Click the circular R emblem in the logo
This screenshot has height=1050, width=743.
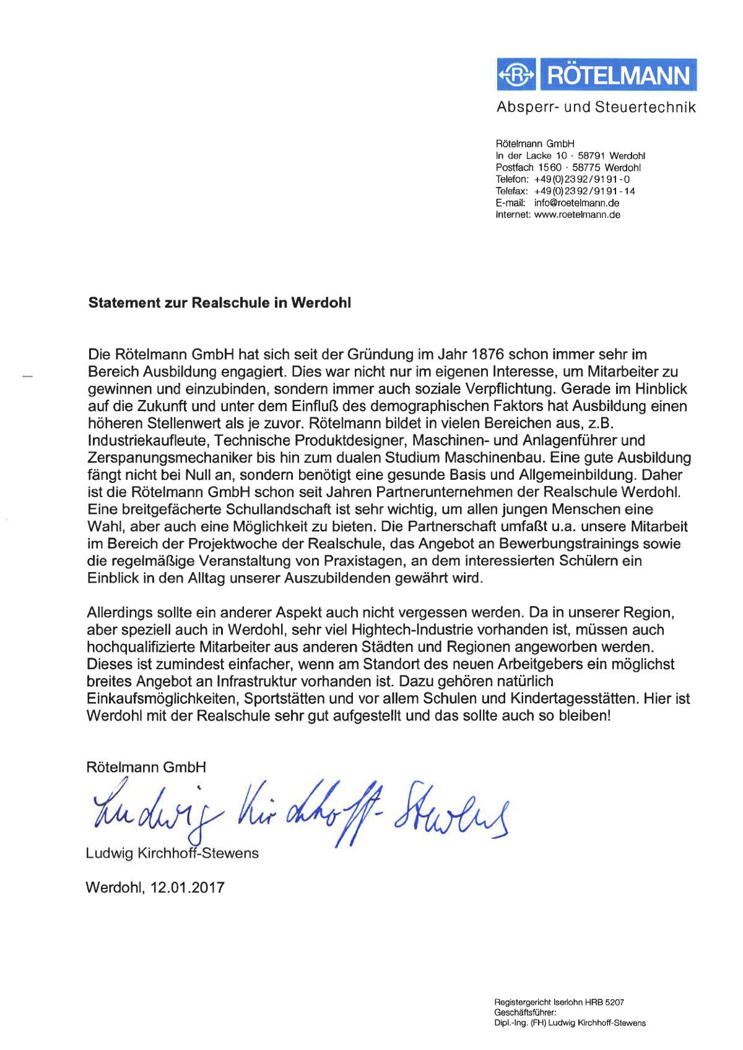coord(516,76)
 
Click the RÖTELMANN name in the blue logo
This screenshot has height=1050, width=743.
coord(618,76)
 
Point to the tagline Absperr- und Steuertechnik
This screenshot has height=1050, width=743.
coord(596,107)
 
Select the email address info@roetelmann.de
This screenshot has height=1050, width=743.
coord(576,203)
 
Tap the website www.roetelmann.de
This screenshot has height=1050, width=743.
coord(577,215)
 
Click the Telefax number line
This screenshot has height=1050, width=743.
coord(565,191)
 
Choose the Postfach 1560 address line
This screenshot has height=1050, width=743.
coord(568,168)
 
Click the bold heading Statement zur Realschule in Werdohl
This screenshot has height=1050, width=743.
coord(219,303)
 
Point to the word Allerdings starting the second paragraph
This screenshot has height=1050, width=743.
coord(119,613)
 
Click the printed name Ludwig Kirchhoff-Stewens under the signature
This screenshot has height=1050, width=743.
coord(172,853)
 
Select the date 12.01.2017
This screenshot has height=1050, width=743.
coord(187,887)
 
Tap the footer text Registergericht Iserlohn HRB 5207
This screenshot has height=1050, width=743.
coord(558,1002)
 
